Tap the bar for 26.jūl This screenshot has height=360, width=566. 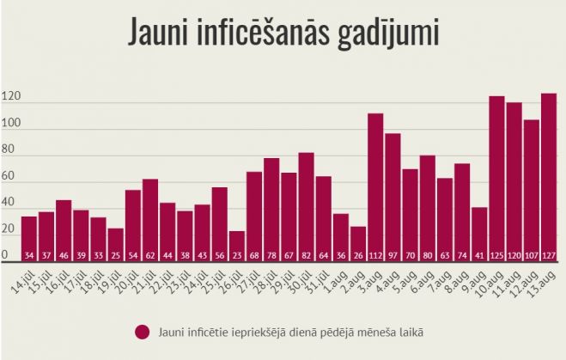(237, 245)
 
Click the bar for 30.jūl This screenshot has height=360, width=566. (306, 206)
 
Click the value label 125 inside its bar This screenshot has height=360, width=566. (496, 254)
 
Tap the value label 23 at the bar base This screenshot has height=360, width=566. (237, 254)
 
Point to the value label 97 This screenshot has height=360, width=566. (393, 254)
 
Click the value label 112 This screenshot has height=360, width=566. (375, 254)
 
